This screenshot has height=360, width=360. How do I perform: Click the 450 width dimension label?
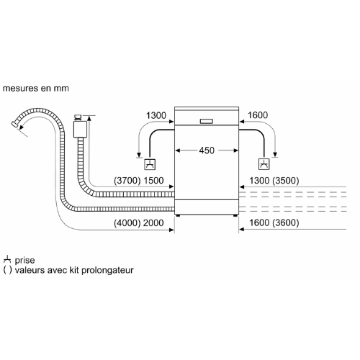(207, 150)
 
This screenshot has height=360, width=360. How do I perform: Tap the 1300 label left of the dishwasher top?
(156, 115)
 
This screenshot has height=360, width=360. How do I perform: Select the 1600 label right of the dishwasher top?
(258, 115)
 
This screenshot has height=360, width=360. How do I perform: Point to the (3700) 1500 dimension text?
(139, 181)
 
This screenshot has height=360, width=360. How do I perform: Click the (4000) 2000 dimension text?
(139, 223)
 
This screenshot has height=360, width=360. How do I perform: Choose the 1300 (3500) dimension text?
(274, 181)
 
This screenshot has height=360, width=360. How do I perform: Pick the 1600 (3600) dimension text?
(274, 222)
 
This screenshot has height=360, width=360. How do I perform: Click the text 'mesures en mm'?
(36, 89)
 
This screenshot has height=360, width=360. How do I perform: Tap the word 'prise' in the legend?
(24, 260)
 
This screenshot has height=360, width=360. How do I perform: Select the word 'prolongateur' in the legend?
(107, 270)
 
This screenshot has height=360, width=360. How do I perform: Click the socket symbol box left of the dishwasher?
(150, 164)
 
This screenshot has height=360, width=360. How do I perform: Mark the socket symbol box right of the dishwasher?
(264, 164)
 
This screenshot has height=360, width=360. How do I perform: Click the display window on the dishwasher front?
(207, 121)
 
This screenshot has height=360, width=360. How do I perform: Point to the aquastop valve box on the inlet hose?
(80, 130)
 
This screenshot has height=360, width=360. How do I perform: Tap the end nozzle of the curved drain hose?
(14, 124)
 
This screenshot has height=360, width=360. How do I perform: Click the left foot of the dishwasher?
(178, 215)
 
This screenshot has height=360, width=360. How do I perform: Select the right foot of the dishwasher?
(235, 215)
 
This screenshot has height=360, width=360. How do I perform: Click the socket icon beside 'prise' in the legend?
(7, 259)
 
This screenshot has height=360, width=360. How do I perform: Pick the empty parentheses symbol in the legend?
(7, 270)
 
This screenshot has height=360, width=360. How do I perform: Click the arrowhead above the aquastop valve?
(89, 118)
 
